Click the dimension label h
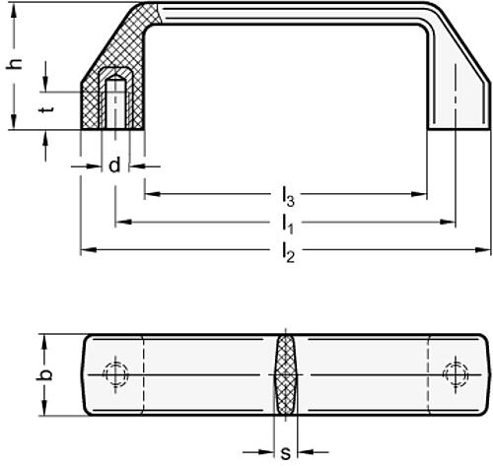coord(15,63)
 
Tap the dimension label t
coord(46,108)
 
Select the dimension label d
coord(114,166)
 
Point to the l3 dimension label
coord(288,196)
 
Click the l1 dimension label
coord(288,225)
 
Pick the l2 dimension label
coord(288,252)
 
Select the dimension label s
coord(286,453)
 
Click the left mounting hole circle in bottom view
coord(115,374)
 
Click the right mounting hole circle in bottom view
coord(456,374)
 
